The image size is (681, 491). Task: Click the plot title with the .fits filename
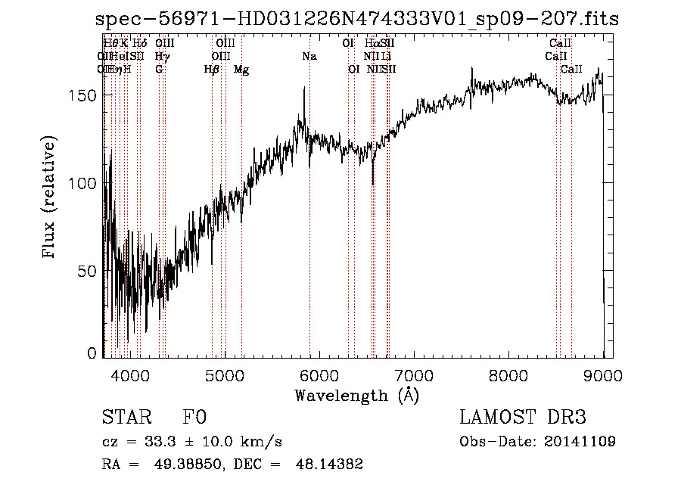point(357,19)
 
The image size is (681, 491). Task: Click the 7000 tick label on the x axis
point(414,374)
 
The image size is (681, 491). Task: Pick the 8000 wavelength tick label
point(509,374)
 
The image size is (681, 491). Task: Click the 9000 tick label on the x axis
point(603,374)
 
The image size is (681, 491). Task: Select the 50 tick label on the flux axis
point(86,271)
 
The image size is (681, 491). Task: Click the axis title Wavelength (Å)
point(356,395)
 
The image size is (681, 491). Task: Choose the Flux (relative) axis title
point(51,199)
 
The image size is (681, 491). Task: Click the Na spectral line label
point(309,57)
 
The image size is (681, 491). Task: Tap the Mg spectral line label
point(241,70)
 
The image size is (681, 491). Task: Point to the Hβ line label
point(212,70)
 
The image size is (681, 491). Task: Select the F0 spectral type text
point(194,418)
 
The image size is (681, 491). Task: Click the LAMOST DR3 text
point(522,418)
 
